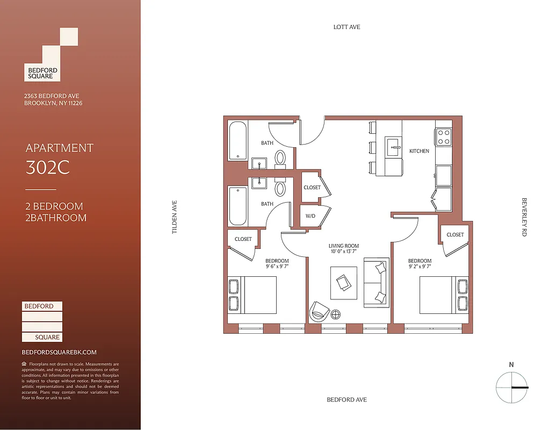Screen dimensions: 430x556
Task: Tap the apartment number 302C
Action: [48, 168]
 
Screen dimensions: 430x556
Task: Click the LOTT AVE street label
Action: [346, 27]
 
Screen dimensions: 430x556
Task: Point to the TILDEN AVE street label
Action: [174, 217]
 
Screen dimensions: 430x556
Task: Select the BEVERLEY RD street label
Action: [524, 217]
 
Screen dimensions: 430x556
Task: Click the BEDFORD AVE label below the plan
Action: [347, 400]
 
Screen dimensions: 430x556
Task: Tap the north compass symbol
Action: [511, 386]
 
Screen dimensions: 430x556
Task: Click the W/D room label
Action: [311, 217]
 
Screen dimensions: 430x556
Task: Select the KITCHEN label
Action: [419, 151]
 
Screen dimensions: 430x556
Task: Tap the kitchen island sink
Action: [393, 146]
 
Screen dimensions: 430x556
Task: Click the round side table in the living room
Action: [336, 314]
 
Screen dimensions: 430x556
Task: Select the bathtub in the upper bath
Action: [237, 141]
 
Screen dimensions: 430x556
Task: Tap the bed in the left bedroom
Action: [252, 295]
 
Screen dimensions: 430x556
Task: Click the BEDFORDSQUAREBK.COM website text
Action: [59, 352]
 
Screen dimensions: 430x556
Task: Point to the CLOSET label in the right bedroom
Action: [455, 235]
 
